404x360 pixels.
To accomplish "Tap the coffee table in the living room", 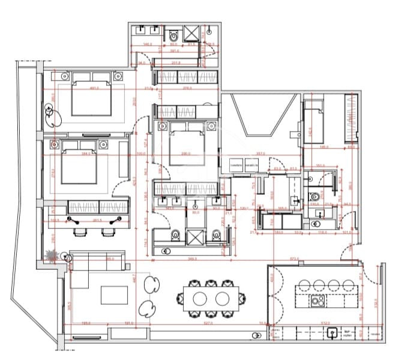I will (x=114, y=295).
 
